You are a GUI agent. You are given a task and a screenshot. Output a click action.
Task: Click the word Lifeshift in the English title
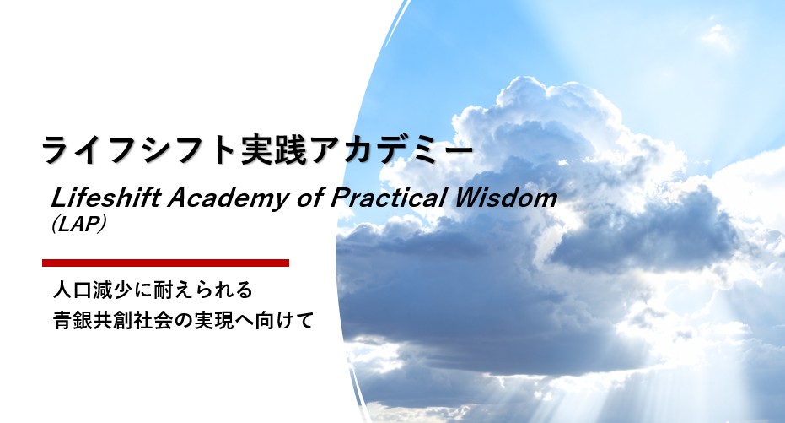[x=106, y=198]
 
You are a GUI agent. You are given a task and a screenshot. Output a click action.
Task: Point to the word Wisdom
[x=505, y=198]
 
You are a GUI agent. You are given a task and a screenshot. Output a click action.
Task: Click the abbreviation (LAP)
[x=78, y=224]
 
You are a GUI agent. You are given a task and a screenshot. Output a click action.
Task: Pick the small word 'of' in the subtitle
[x=311, y=198]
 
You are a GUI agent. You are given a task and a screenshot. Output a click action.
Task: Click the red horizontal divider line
[x=166, y=263]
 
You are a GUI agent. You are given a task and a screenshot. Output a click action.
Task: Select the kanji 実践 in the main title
[x=274, y=149]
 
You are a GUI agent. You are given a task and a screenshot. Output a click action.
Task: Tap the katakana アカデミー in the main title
[x=391, y=149]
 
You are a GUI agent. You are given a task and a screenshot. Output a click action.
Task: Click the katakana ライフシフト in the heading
[x=140, y=149]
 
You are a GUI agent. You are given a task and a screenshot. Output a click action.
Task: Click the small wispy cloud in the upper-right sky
[x=718, y=36]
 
